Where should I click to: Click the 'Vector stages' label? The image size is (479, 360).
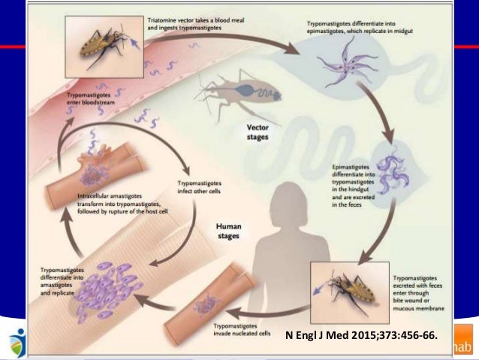(x=258, y=132)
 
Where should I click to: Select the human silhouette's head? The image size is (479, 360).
(x=283, y=195)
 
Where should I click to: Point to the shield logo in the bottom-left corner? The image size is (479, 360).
(x=16, y=344)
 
